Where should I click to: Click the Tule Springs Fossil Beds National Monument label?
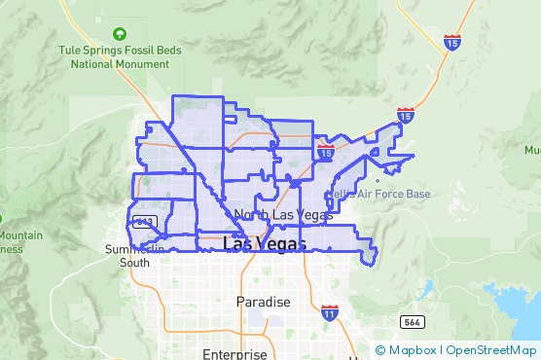(120, 56)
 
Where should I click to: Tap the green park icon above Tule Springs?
(120, 34)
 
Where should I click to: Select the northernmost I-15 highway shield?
(451, 42)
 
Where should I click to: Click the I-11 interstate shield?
(330, 313)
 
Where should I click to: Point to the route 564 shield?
(410, 321)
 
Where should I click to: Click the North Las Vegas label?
(283, 214)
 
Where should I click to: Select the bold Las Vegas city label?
(264, 243)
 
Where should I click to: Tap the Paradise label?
(263, 302)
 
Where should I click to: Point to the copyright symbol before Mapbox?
(379, 349)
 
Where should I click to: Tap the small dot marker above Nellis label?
(378, 180)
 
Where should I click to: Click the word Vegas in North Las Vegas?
(312, 214)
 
